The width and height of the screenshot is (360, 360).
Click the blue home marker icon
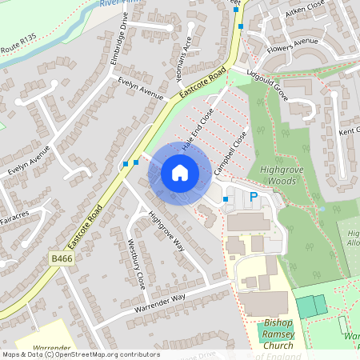179,173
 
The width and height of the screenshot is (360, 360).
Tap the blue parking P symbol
254,197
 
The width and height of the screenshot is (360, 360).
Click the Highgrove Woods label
290,175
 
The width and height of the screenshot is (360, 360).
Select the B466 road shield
60,259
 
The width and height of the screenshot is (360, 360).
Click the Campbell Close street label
229,150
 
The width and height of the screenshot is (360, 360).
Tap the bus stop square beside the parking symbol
226,198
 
